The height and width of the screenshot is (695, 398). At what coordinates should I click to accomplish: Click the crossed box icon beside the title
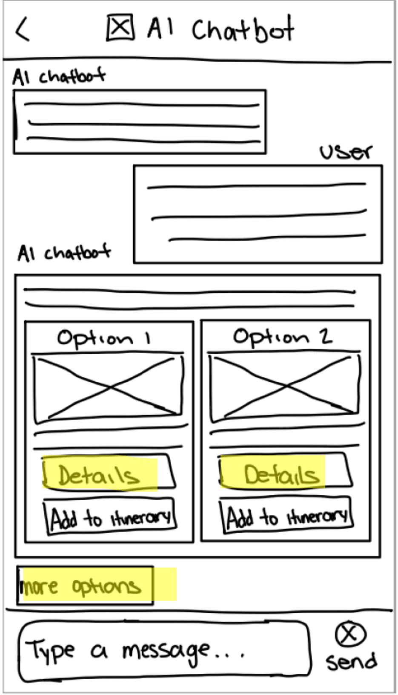120,28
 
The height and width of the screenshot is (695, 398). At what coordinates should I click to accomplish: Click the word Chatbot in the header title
242,29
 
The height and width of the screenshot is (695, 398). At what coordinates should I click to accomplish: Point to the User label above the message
345,152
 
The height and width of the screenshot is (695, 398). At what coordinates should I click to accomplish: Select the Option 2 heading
282,337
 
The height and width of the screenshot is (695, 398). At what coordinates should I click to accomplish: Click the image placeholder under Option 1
109,387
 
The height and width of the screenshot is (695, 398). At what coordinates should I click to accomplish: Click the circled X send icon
350,634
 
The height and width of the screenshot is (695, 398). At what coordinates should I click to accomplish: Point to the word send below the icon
351,661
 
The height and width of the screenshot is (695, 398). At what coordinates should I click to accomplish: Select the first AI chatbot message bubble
140,122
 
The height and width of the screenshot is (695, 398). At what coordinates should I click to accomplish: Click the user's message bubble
258,214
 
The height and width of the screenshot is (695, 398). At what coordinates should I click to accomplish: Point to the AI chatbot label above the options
64,253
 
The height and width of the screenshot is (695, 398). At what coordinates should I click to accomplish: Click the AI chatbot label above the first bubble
59,77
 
